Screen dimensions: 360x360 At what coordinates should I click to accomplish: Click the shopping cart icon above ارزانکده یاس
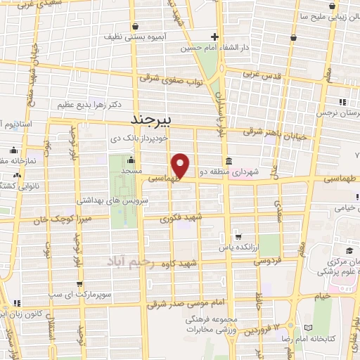tap(239, 236)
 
